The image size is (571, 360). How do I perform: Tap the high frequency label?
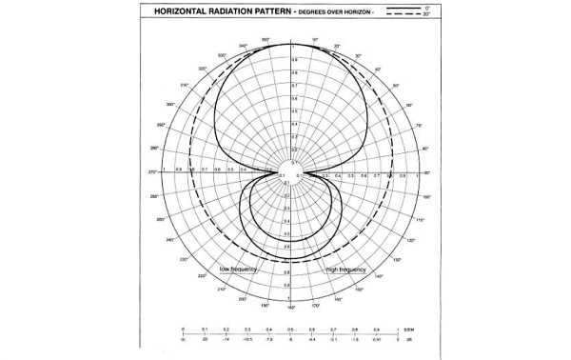pos(345,270)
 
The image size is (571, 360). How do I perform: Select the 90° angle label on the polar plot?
pos(426,172)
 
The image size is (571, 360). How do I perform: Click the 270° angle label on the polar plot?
pos(151,172)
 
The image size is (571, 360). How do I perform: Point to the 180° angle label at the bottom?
pos(290,308)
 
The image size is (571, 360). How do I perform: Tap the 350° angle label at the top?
pos(266,39)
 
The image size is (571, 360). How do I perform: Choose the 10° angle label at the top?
pos(315,40)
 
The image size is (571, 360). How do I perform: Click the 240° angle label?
pos(170,240)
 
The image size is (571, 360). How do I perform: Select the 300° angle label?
pos(170,104)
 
